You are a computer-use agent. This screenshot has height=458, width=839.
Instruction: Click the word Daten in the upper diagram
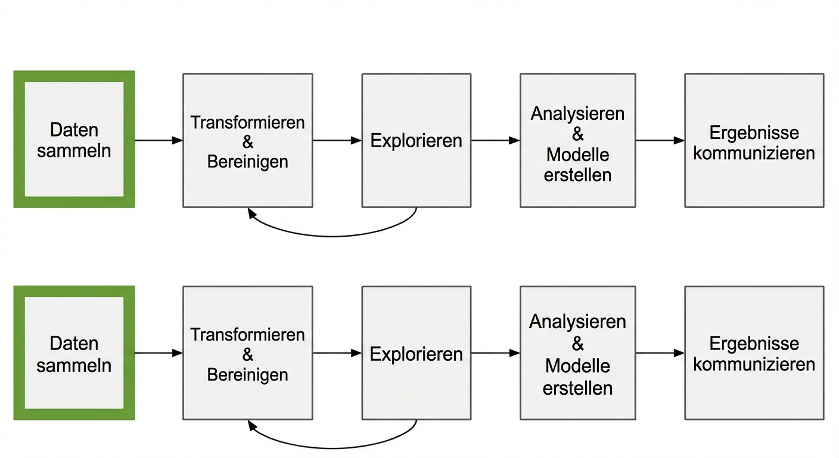74,130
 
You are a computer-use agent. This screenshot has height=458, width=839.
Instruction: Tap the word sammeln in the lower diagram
74,365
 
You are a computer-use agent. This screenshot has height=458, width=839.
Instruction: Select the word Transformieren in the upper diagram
247,122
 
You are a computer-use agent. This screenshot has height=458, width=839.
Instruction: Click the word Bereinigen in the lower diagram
247,375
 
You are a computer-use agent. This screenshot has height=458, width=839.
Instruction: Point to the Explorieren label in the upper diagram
416,141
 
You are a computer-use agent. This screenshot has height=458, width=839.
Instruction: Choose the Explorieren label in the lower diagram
416,354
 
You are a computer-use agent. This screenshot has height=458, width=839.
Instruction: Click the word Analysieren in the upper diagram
577,113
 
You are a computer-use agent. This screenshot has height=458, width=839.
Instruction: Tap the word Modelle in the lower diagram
577,366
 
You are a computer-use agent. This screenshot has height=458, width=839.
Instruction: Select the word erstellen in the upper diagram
577,175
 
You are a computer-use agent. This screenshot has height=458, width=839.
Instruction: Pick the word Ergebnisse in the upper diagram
754,132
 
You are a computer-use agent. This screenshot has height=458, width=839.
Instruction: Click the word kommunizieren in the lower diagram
754,364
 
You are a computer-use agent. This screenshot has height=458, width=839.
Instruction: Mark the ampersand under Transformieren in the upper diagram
248,142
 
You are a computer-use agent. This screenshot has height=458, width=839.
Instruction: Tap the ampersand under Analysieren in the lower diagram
577,343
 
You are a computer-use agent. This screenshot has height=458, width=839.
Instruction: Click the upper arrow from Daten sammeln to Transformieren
159,141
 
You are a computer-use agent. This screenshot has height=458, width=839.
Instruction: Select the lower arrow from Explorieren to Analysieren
495,353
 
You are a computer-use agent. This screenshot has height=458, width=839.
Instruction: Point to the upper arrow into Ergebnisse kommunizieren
660,141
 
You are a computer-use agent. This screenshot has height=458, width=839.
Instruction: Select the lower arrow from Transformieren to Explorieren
337,353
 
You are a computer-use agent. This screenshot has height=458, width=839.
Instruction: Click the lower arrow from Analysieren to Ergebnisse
660,353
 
